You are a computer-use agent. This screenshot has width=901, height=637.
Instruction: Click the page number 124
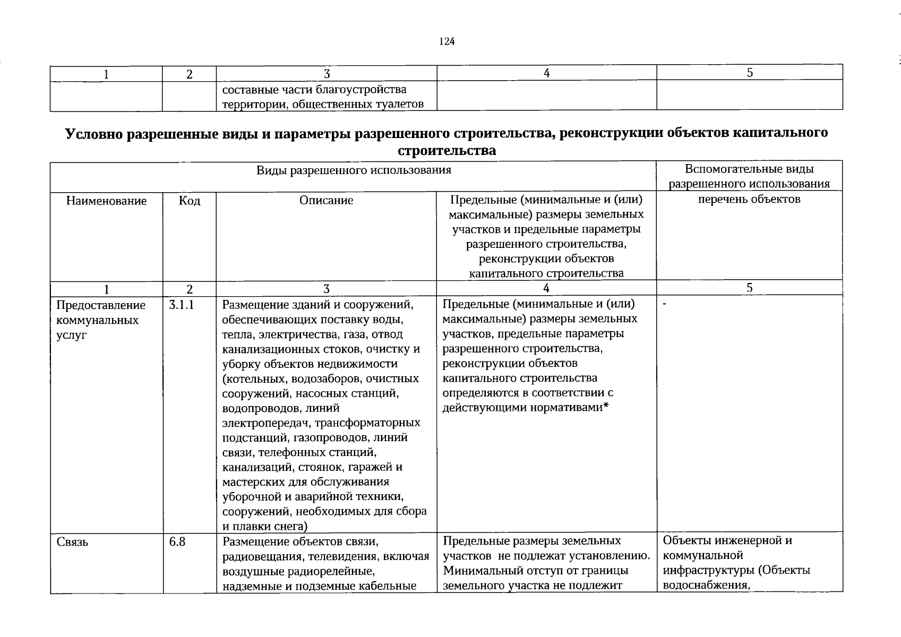pyautogui.click(x=447, y=41)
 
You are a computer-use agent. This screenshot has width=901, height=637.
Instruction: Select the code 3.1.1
pyautogui.click(x=182, y=305)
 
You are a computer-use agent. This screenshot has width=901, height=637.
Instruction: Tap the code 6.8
pyautogui.click(x=177, y=542)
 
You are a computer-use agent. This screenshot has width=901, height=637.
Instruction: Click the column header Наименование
pyautogui.click(x=106, y=201)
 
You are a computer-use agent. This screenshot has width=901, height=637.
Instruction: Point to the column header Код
pyautogui.click(x=190, y=201)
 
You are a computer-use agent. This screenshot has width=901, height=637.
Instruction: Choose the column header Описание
pyautogui.click(x=326, y=200)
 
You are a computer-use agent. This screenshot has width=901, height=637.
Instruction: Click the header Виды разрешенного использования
pyautogui.click(x=354, y=170)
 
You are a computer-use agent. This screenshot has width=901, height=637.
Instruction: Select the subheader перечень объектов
pyautogui.click(x=749, y=199)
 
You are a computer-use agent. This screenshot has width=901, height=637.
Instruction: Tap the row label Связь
pyautogui.click(x=72, y=542)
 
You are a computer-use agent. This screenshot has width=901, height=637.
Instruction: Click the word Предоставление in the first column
pyautogui.click(x=101, y=305)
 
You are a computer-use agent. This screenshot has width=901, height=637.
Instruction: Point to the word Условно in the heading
pyautogui.click(x=94, y=133)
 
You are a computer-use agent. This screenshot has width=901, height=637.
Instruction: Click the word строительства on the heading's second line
pyautogui.click(x=447, y=151)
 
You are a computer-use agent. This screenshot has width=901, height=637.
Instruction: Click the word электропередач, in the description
pyautogui.click(x=267, y=423)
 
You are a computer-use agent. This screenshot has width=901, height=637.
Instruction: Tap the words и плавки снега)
pyautogui.click(x=264, y=526)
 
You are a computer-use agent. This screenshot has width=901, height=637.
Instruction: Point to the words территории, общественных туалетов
pyautogui.click(x=323, y=104)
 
